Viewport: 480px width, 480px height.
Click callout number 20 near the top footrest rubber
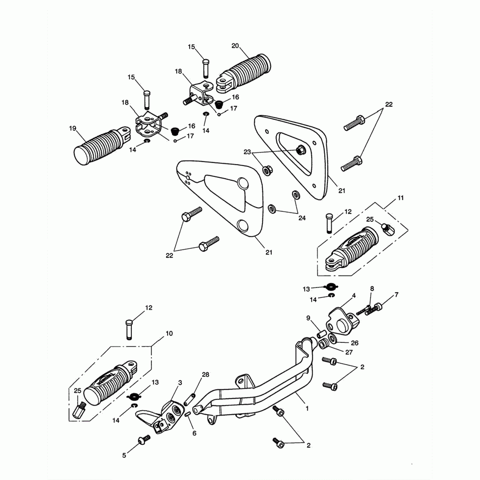pyautogui.click(x=235, y=46)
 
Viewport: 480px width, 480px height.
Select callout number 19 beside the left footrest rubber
pyautogui.click(x=72, y=129)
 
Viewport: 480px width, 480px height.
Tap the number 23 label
pyautogui.click(x=247, y=152)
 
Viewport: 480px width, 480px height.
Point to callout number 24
pyautogui.click(x=302, y=218)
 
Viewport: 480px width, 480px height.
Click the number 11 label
pyautogui.click(x=400, y=198)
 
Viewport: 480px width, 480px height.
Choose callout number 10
pyautogui.click(x=169, y=333)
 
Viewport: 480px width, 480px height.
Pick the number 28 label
pyautogui.click(x=205, y=375)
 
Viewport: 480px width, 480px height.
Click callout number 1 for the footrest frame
pyautogui.click(x=307, y=408)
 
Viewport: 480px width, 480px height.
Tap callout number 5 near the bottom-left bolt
pyautogui.click(x=124, y=455)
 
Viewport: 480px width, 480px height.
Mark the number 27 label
pyautogui.click(x=349, y=352)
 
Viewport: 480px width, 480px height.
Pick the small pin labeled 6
pyautogui.click(x=188, y=414)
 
